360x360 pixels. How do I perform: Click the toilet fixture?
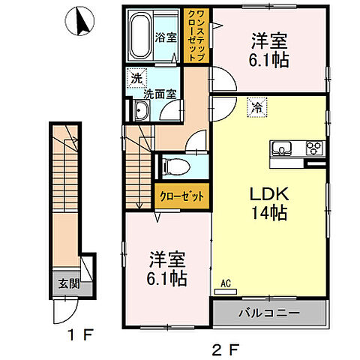click(x=171, y=164)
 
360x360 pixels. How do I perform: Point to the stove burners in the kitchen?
click(x=313, y=147)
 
